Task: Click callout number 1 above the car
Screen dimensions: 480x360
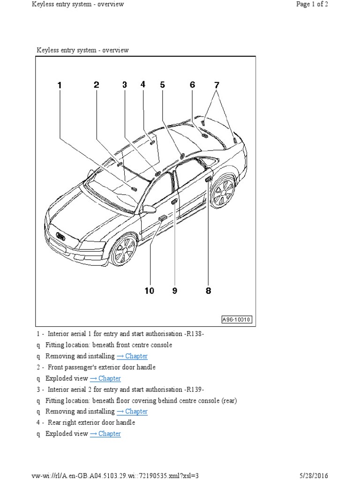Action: [60, 85]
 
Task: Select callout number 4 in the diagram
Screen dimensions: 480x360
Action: [143, 84]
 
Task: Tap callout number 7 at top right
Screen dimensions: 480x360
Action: [217, 85]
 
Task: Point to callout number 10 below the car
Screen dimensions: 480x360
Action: [149, 291]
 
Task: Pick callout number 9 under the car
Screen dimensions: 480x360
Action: [175, 291]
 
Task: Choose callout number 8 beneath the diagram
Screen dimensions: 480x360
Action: [209, 291]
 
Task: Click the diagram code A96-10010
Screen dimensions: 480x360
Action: [237, 320]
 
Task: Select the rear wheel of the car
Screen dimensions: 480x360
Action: [222, 192]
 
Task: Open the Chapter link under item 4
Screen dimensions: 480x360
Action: [105, 434]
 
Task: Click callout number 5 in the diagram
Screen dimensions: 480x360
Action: [162, 85]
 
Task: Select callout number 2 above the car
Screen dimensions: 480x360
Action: [97, 85]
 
